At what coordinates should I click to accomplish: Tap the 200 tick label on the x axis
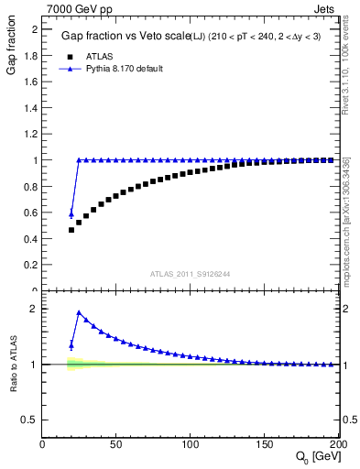click(x=337, y=443)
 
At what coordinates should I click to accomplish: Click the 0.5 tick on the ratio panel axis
click(x=31, y=420)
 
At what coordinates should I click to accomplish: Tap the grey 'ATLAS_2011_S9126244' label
click(x=190, y=274)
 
